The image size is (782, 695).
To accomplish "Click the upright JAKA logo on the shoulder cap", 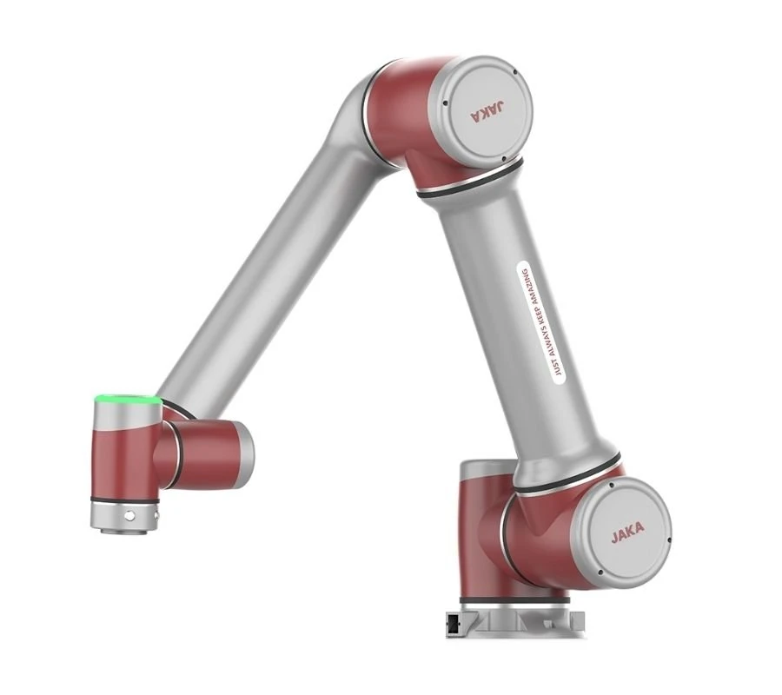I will pyautogui.click(x=627, y=535).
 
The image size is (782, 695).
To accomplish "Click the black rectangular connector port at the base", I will pyautogui.click(x=452, y=623).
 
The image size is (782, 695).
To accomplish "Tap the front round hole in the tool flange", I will pyautogui.click(x=129, y=515).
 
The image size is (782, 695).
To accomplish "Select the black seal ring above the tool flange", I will pyautogui.click(x=125, y=500).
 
